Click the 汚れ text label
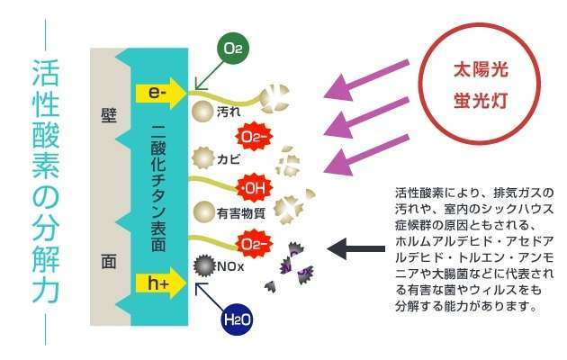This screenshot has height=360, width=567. [229, 112]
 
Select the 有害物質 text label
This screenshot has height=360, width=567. [240, 213]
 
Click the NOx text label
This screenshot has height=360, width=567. [229, 267]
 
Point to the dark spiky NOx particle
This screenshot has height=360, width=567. [203, 266]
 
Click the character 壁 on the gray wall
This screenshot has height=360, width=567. [109, 116]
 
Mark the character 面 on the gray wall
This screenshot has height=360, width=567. [109, 263]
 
